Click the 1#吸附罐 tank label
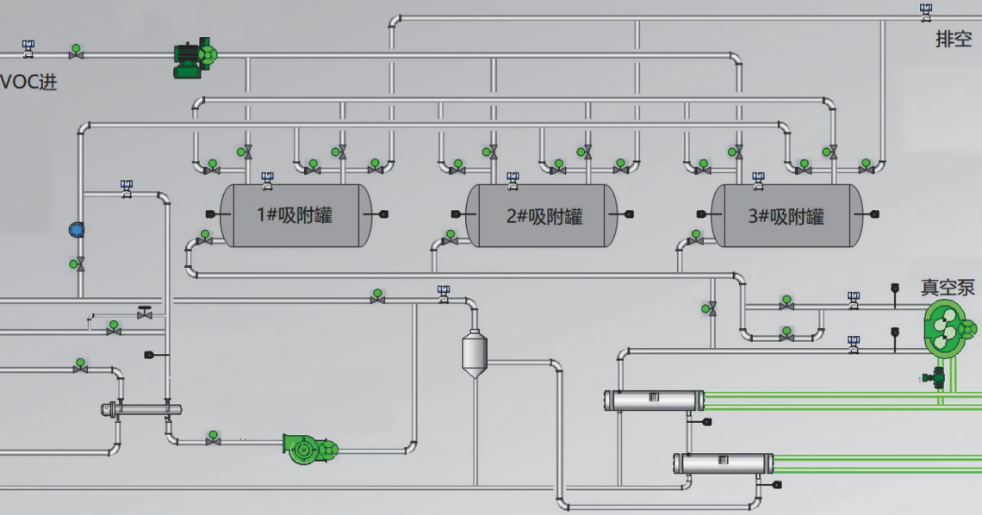(295, 215)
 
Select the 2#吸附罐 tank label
(544, 215)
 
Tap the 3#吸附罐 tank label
(786, 215)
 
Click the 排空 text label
(954, 39)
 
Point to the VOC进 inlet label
(28, 83)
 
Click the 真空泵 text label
(948, 287)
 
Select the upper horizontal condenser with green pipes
(653, 400)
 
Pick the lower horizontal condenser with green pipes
(722, 462)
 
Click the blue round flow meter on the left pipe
(77, 230)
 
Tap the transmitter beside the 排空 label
(926, 12)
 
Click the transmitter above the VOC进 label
(28, 47)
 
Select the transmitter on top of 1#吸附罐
(268, 179)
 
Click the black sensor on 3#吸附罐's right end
(874, 214)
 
